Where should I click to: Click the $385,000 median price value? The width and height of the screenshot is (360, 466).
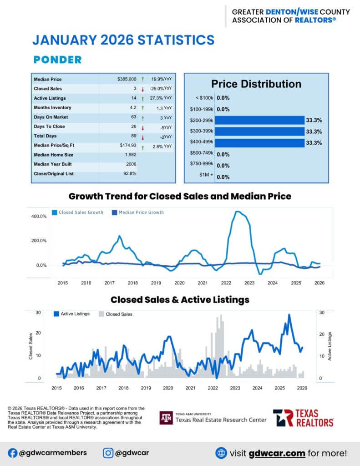coord(127,79)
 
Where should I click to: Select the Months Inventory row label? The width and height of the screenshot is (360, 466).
coord(52,108)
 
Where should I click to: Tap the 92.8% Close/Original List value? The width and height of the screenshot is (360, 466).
coord(130,173)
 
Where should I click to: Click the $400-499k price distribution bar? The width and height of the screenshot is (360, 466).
coord(259,143)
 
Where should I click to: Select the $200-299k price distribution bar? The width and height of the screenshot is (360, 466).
coord(259,120)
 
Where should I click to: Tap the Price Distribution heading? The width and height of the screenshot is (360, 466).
coord(256,84)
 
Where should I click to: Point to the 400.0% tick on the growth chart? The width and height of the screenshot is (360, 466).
coord(39,217)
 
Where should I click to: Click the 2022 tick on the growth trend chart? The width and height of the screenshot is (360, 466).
coord(226,283)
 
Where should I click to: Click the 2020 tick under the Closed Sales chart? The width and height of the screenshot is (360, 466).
coord(168,388)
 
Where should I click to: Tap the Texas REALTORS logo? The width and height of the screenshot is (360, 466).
coord(303,417)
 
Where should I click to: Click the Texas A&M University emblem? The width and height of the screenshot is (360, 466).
coord(166,417)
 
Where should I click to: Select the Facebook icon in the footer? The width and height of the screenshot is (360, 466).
coord(12,453)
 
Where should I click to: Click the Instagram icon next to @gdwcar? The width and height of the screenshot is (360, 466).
coord(108,453)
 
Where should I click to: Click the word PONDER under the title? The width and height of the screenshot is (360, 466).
coord(57,60)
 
